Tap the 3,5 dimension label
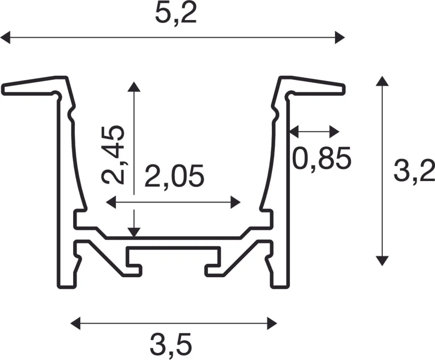click(171, 345)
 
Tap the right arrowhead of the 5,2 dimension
click(340, 37)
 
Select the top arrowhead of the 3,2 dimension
click(382, 81)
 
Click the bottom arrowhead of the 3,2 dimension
click(382, 261)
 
